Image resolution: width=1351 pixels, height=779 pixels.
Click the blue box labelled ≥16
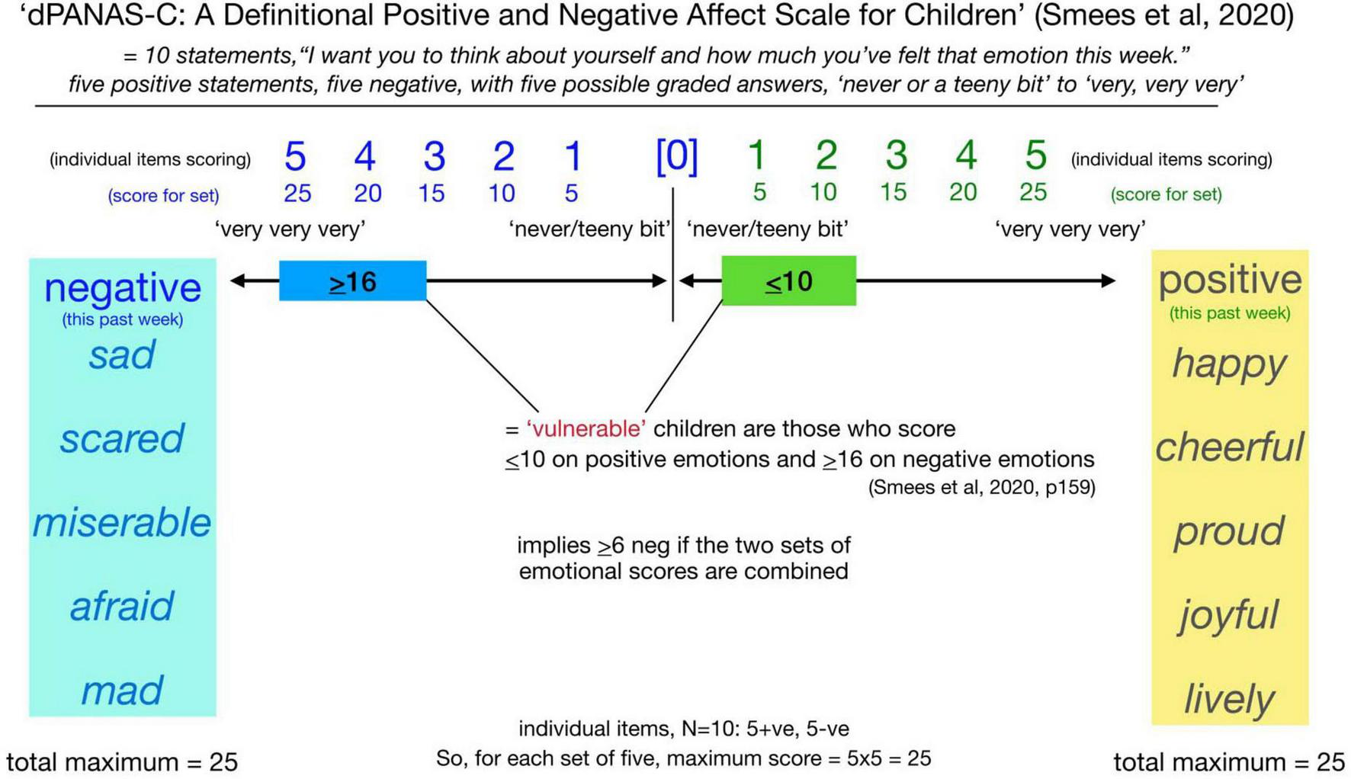[x=352, y=281]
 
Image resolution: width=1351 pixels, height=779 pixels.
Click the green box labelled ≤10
[x=788, y=281]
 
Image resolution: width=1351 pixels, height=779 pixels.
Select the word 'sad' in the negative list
[x=122, y=355]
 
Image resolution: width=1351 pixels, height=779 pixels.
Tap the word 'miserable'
[x=122, y=523]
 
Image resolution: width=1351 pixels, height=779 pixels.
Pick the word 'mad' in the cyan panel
[x=122, y=691]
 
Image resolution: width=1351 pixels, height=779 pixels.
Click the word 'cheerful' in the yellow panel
[x=1229, y=447]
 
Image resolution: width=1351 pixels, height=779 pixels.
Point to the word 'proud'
[x=1229, y=531]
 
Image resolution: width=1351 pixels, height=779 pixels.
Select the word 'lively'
[x=1229, y=699]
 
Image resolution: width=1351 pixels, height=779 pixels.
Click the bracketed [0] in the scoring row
[x=676, y=155]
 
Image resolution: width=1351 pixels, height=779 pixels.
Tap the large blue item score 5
[x=295, y=156]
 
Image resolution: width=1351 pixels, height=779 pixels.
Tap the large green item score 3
[x=896, y=155]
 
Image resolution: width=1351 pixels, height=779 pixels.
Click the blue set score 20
[x=367, y=194]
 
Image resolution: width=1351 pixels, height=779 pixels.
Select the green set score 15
[x=893, y=192]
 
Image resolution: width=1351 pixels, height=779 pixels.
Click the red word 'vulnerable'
[x=586, y=429]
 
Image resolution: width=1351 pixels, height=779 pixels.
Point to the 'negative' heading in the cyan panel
[x=122, y=288]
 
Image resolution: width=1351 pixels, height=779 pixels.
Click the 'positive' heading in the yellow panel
[x=1229, y=280]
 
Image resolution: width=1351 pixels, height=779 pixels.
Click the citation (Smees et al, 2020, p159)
[x=981, y=488]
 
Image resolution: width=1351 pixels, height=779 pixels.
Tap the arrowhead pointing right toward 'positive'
[x=1109, y=281]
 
